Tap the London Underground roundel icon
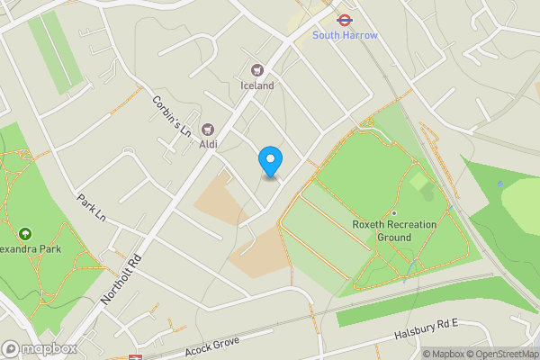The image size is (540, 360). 344,19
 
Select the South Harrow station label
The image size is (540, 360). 345,35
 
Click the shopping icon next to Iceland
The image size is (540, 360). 257,69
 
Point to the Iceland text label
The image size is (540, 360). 257,85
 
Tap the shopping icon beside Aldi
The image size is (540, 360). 208,130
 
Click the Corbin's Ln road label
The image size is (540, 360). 173,116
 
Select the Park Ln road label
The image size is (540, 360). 92,209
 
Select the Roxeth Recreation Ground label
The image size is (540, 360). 394,230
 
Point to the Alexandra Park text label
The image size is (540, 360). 27,249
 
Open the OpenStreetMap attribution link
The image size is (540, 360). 502,354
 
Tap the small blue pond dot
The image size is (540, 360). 500,184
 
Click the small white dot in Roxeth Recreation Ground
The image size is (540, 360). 393,212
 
